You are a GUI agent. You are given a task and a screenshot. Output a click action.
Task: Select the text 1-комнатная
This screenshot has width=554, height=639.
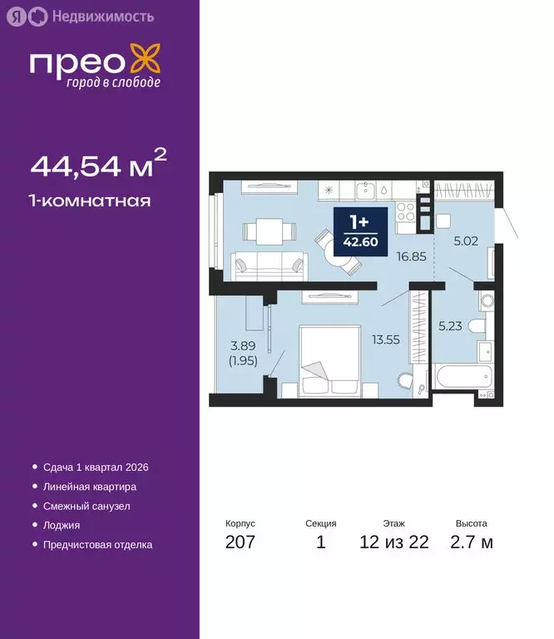point(91,201)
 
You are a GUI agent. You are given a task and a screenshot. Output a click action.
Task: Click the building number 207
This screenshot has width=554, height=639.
point(240,542)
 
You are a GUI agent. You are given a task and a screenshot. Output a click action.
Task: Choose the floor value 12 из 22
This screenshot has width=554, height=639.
point(393,542)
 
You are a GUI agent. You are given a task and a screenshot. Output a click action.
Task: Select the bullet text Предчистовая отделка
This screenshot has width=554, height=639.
point(97,545)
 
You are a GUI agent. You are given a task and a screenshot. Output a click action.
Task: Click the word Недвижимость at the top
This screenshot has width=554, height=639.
point(101,16)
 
